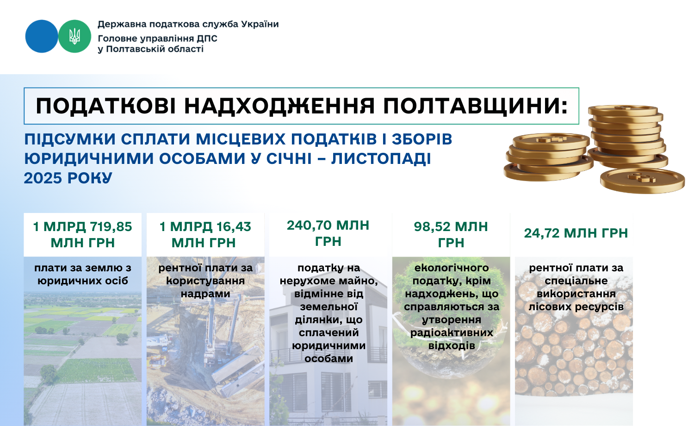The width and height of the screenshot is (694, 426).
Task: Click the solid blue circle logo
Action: coord(42,36)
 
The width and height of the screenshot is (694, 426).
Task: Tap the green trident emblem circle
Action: coord(74,36)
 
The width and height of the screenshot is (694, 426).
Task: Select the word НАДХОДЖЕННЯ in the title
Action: coord(279,106)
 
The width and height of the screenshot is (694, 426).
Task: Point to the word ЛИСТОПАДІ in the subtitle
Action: coord(381,159)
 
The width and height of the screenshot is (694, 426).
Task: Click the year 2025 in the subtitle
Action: coord(43,178)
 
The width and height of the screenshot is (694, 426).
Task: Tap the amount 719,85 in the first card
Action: coord(111,227)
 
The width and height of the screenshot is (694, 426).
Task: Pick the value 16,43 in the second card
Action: coord(234,227)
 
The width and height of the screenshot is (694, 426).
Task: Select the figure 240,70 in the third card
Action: coord(309,226)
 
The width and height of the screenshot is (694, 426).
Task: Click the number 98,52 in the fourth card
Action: coord(432,227)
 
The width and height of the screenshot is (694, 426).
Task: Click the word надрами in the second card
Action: coord(205,294)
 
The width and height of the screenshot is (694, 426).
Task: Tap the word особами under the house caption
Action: coord(328,359)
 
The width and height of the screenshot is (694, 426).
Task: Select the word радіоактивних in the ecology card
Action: coord(452,333)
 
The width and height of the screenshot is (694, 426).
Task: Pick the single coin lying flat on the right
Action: coord(642,181)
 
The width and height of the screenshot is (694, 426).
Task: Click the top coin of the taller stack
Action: coord(623,111)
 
